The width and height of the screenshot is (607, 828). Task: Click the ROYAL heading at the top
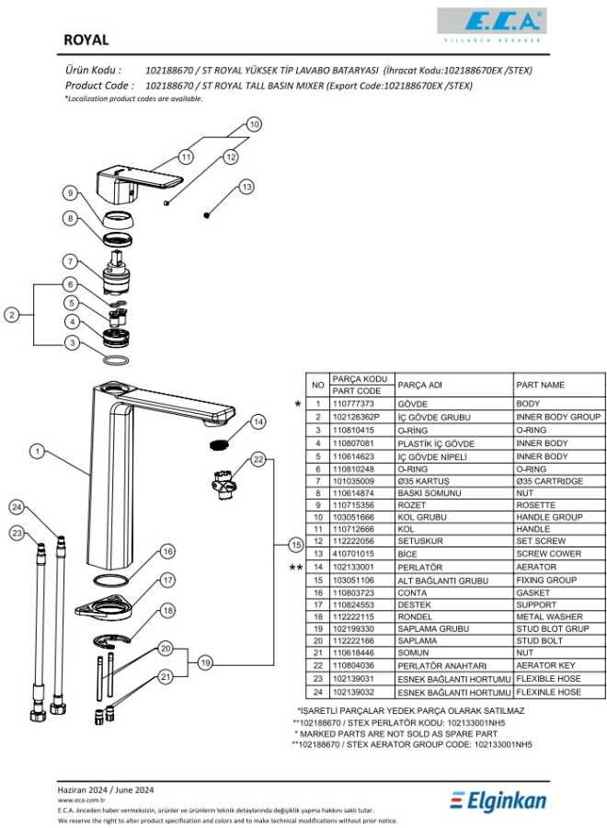click(x=86, y=40)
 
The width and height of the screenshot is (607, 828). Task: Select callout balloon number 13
click(x=246, y=188)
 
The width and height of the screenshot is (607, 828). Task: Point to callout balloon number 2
click(x=12, y=316)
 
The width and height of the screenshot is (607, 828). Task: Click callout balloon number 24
click(x=17, y=508)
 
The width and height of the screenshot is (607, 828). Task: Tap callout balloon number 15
click(x=295, y=544)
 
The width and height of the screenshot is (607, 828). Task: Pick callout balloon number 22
click(x=259, y=458)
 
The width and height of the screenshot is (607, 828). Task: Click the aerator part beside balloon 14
click(x=218, y=445)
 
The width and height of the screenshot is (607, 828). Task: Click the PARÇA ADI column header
click(x=420, y=385)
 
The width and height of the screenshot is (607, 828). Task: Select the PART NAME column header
click(x=541, y=385)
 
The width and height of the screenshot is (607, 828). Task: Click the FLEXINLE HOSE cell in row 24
click(x=549, y=692)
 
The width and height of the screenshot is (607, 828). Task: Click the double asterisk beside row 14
click(x=296, y=568)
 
